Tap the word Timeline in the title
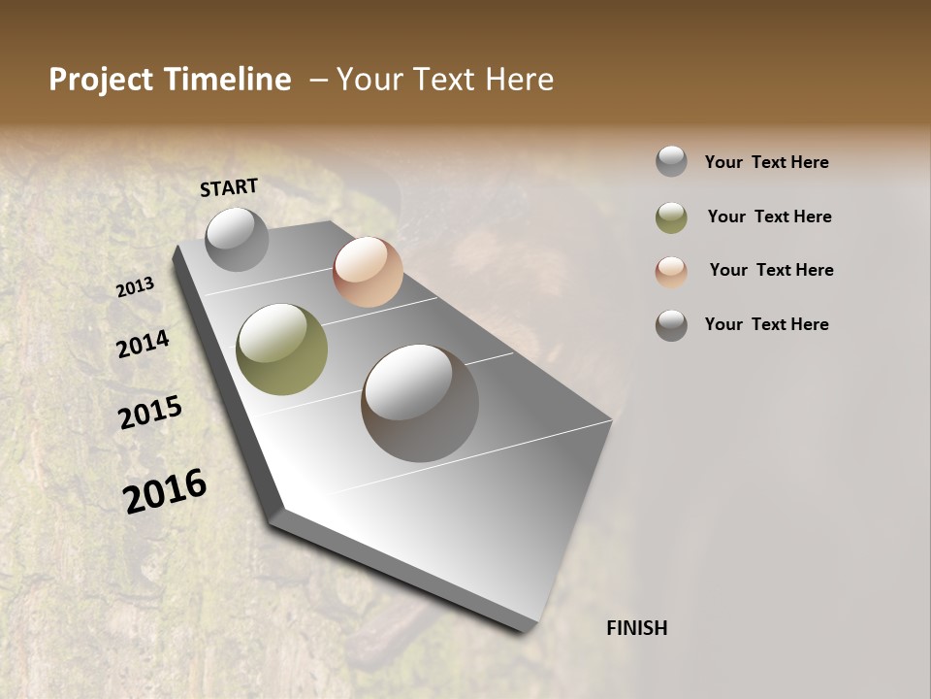point(229,80)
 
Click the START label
point(229,186)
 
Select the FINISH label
point(636,628)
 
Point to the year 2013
point(135,287)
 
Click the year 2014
point(143,344)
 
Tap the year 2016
point(165,491)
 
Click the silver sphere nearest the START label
point(238,239)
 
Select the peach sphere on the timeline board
point(368,272)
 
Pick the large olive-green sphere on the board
point(282,349)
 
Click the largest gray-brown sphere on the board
point(420,403)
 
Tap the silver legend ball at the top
point(671,161)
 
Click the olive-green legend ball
point(671,217)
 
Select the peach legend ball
point(671,272)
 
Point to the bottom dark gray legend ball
point(671,325)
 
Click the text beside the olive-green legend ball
point(769,216)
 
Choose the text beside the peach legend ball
point(771,270)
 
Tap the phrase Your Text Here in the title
point(445,80)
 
